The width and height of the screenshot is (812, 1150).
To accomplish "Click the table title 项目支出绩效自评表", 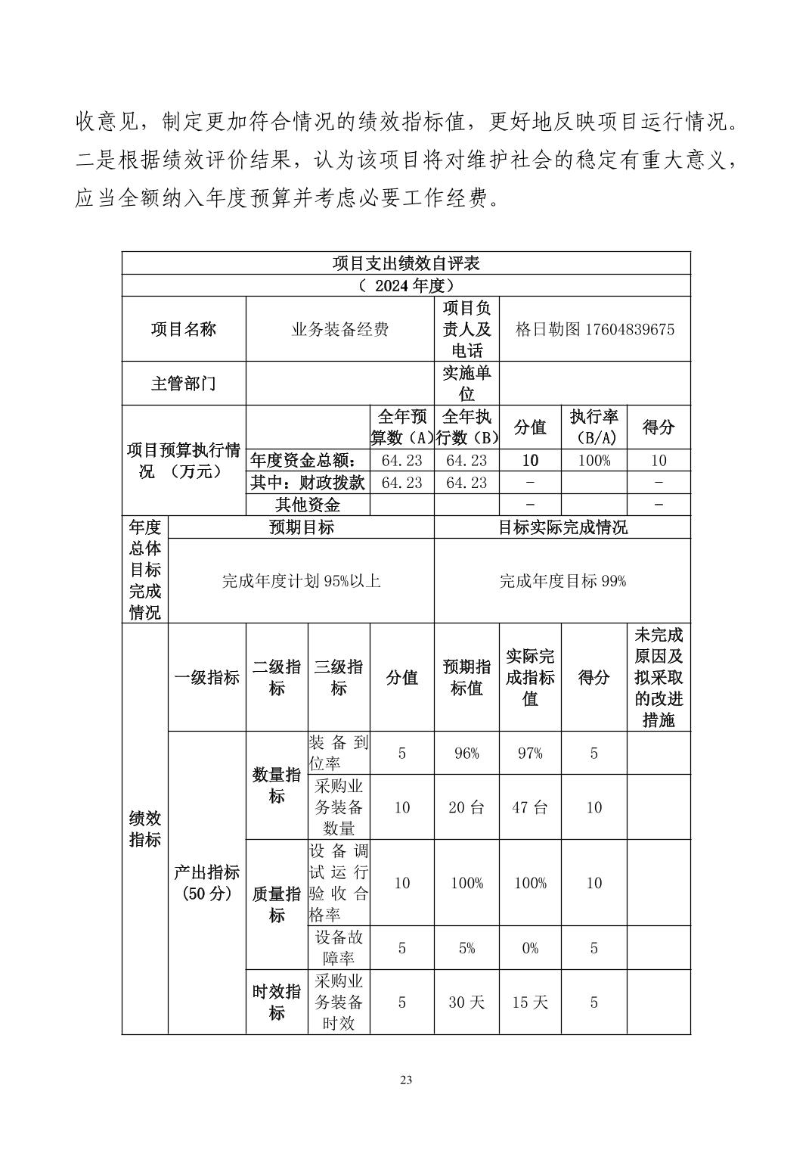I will point(406,263).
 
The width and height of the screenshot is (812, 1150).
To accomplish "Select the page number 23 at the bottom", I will point(406,1080).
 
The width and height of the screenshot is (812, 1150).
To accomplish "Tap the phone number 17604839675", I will point(630,329).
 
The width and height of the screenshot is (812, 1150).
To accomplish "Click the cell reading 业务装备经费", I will point(339,329).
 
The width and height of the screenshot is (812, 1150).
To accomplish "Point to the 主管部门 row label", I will point(184,384).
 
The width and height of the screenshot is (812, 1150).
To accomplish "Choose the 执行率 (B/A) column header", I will point(594,427).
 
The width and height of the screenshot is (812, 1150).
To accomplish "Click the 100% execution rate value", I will point(594,460).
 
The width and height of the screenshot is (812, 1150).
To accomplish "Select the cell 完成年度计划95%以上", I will point(301,581).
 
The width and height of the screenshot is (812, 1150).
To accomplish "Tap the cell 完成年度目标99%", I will point(563,581).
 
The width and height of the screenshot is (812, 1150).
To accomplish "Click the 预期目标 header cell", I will point(301,527).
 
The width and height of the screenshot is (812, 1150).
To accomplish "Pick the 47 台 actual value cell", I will point(529,807).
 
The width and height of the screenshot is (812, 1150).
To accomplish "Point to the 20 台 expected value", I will point(466,807).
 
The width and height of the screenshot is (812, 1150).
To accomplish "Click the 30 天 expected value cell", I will point(466,1002).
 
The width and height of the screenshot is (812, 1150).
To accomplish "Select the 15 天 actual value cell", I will point(529,1002).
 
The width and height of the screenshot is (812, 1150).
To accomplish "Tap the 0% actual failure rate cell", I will point(529,948).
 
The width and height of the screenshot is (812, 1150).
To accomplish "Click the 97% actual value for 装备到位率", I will point(529,754).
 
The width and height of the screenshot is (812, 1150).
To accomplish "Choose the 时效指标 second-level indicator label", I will point(276,1002).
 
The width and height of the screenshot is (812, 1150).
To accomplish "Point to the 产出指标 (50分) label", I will point(206,883).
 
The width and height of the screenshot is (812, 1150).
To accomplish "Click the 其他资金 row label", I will point(308,505).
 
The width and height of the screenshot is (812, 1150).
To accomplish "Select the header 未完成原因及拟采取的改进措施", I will point(658,677).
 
